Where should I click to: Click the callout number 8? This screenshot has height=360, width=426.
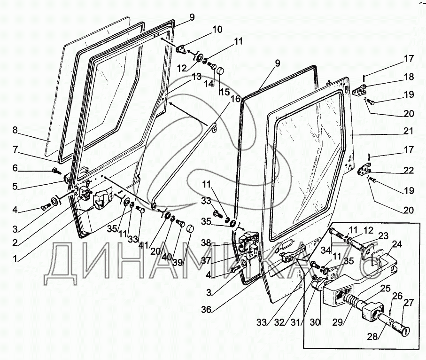click(15, 130)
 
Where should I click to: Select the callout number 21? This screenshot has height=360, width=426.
click(409, 131)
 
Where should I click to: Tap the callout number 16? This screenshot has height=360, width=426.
click(235, 99)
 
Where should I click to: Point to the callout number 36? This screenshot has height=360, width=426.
click(207, 309)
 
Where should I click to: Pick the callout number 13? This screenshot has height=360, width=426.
click(196, 77)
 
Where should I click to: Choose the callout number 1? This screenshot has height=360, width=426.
click(15, 258)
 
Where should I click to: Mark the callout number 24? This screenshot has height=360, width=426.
click(397, 245)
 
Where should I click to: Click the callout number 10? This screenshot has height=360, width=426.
click(217, 29)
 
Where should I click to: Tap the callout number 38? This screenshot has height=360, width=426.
click(206, 243)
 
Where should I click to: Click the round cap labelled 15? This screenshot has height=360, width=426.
click(220, 72)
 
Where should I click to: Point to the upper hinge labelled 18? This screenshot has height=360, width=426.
click(359, 90)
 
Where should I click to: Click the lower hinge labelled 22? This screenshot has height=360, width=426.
click(363, 169)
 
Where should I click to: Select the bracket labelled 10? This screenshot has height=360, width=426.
click(181, 50)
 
